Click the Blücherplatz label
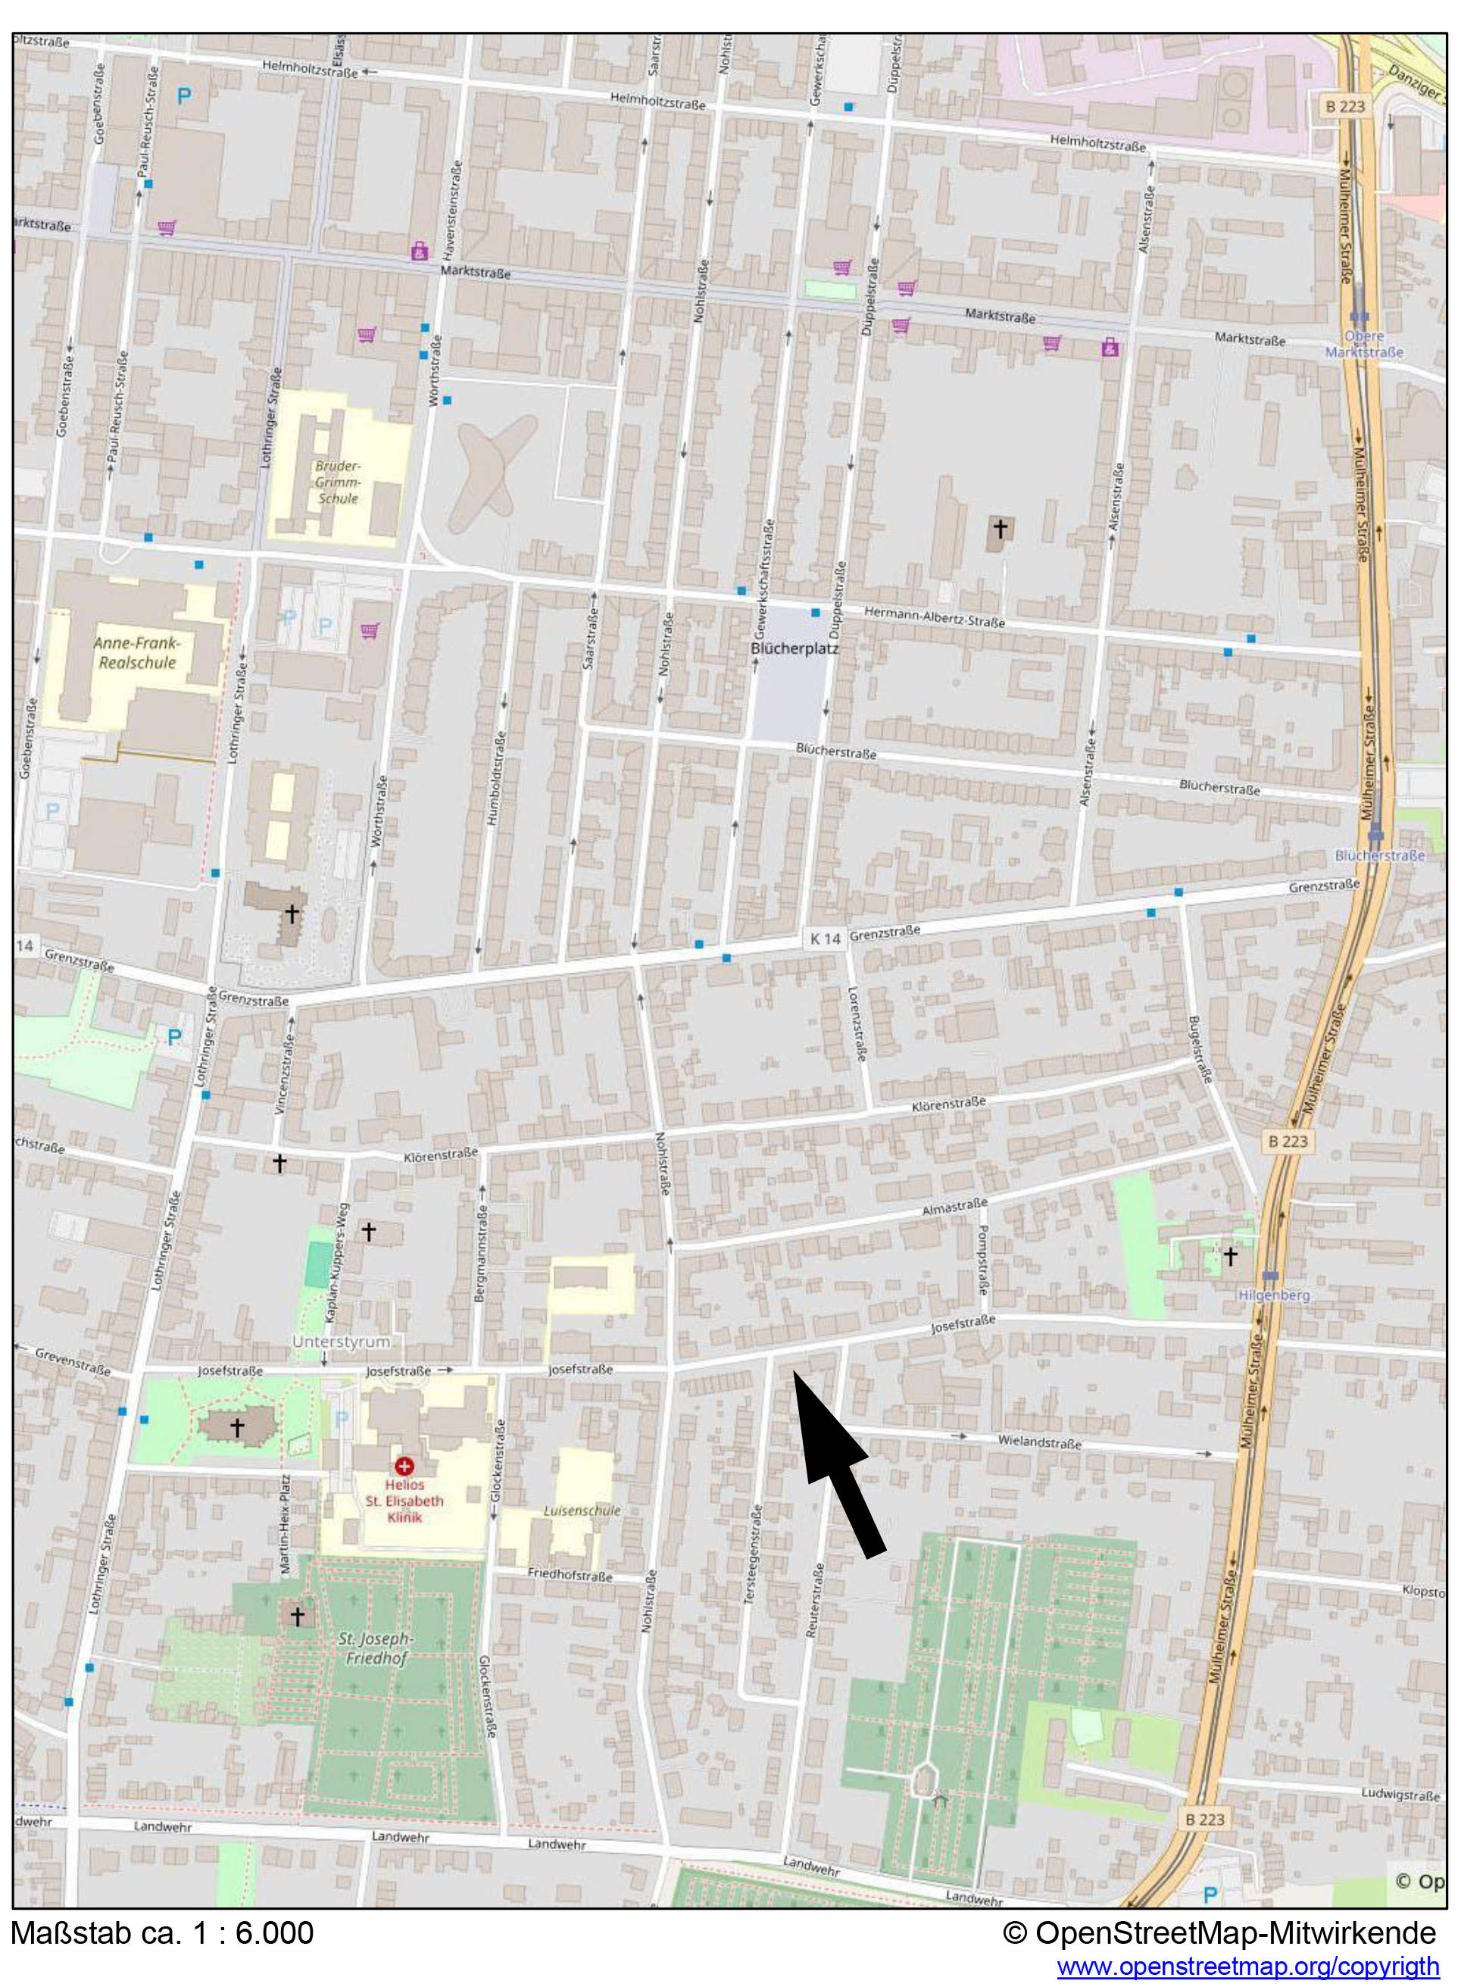click(x=793, y=648)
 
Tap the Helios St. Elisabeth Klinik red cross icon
click(x=403, y=1465)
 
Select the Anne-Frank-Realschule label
click(x=136, y=652)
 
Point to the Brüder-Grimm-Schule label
click(x=338, y=482)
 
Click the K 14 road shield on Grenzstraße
click(x=824, y=939)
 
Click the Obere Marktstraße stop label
click(x=1363, y=344)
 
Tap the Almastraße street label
click(x=954, y=1206)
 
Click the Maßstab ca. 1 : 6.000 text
click(x=162, y=1932)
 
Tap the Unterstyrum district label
click(x=341, y=1342)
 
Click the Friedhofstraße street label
click(x=570, y=1573)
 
